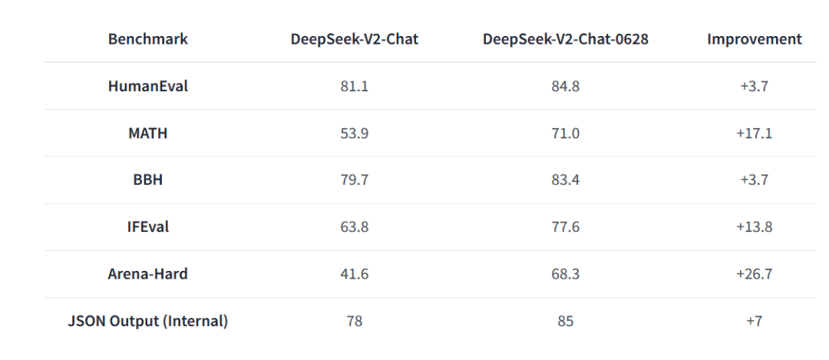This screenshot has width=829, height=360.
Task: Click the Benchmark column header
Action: pos(148,39)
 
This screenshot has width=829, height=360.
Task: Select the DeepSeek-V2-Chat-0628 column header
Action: pos(566,39)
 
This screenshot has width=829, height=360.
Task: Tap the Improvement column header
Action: pos(754,39)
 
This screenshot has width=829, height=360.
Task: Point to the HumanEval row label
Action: pos(148,86)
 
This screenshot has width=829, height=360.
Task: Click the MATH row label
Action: pos(148,134)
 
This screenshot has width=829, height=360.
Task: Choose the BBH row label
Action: pos(148,180)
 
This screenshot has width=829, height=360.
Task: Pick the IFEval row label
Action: pos(148,227)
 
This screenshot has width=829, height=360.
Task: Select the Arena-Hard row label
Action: pos(148,274)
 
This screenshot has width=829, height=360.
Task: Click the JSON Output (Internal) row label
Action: pos(148,322)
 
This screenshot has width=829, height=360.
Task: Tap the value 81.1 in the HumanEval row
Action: pos(354,86)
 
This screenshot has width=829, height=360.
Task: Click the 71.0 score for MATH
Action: pos(566,134)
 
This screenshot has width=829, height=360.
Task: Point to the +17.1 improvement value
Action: pos(754,134)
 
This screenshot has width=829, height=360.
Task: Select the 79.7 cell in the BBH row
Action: pos(354,180)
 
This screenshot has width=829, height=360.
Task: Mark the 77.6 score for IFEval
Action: pos(566,227)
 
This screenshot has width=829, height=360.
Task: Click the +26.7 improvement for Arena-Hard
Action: pos(754,274)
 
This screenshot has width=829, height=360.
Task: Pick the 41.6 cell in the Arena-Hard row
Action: pos(354,274)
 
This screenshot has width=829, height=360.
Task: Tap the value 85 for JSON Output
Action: pos(566,322)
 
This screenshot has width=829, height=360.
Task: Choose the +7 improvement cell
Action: pos(754,322)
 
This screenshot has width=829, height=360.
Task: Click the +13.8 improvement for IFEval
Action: pos(754,227)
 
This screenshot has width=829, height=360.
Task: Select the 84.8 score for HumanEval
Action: pos(566,86)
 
